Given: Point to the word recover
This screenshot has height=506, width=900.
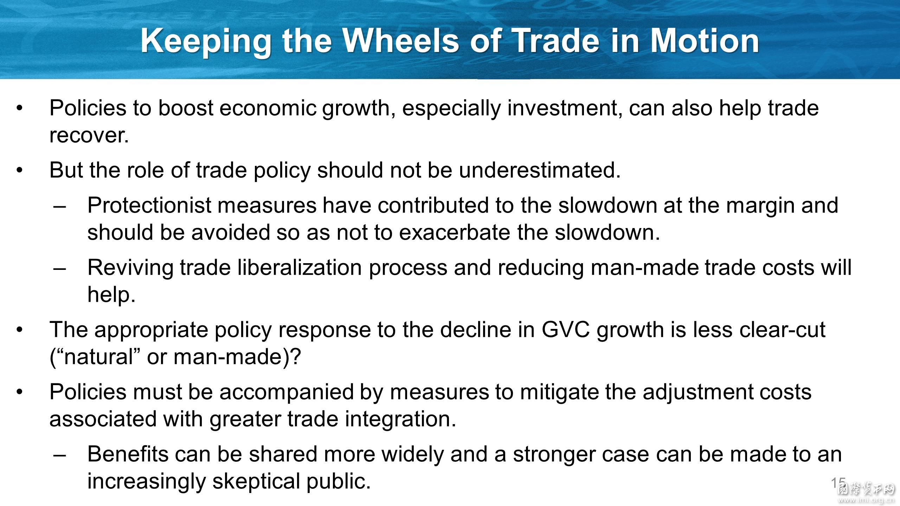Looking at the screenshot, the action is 89,135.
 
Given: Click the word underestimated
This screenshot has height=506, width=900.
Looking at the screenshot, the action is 540,170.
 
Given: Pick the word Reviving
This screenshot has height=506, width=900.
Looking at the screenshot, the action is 130,268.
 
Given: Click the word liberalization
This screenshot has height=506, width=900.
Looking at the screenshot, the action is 300,268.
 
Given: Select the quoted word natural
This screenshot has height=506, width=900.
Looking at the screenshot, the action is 98,357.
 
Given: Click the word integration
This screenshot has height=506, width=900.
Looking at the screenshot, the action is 400,419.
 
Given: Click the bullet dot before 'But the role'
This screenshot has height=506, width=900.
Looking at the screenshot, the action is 20,170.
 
